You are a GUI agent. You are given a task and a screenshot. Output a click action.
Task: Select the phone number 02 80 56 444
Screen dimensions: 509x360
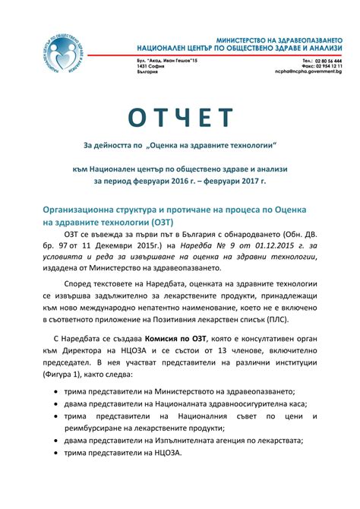[x=327, y=58]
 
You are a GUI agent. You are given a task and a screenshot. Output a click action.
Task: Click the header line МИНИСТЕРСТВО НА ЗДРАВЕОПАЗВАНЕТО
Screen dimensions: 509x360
[x=279, y=38]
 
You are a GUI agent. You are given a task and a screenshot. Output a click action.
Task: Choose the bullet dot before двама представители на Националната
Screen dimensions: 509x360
[x=60, y=403]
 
